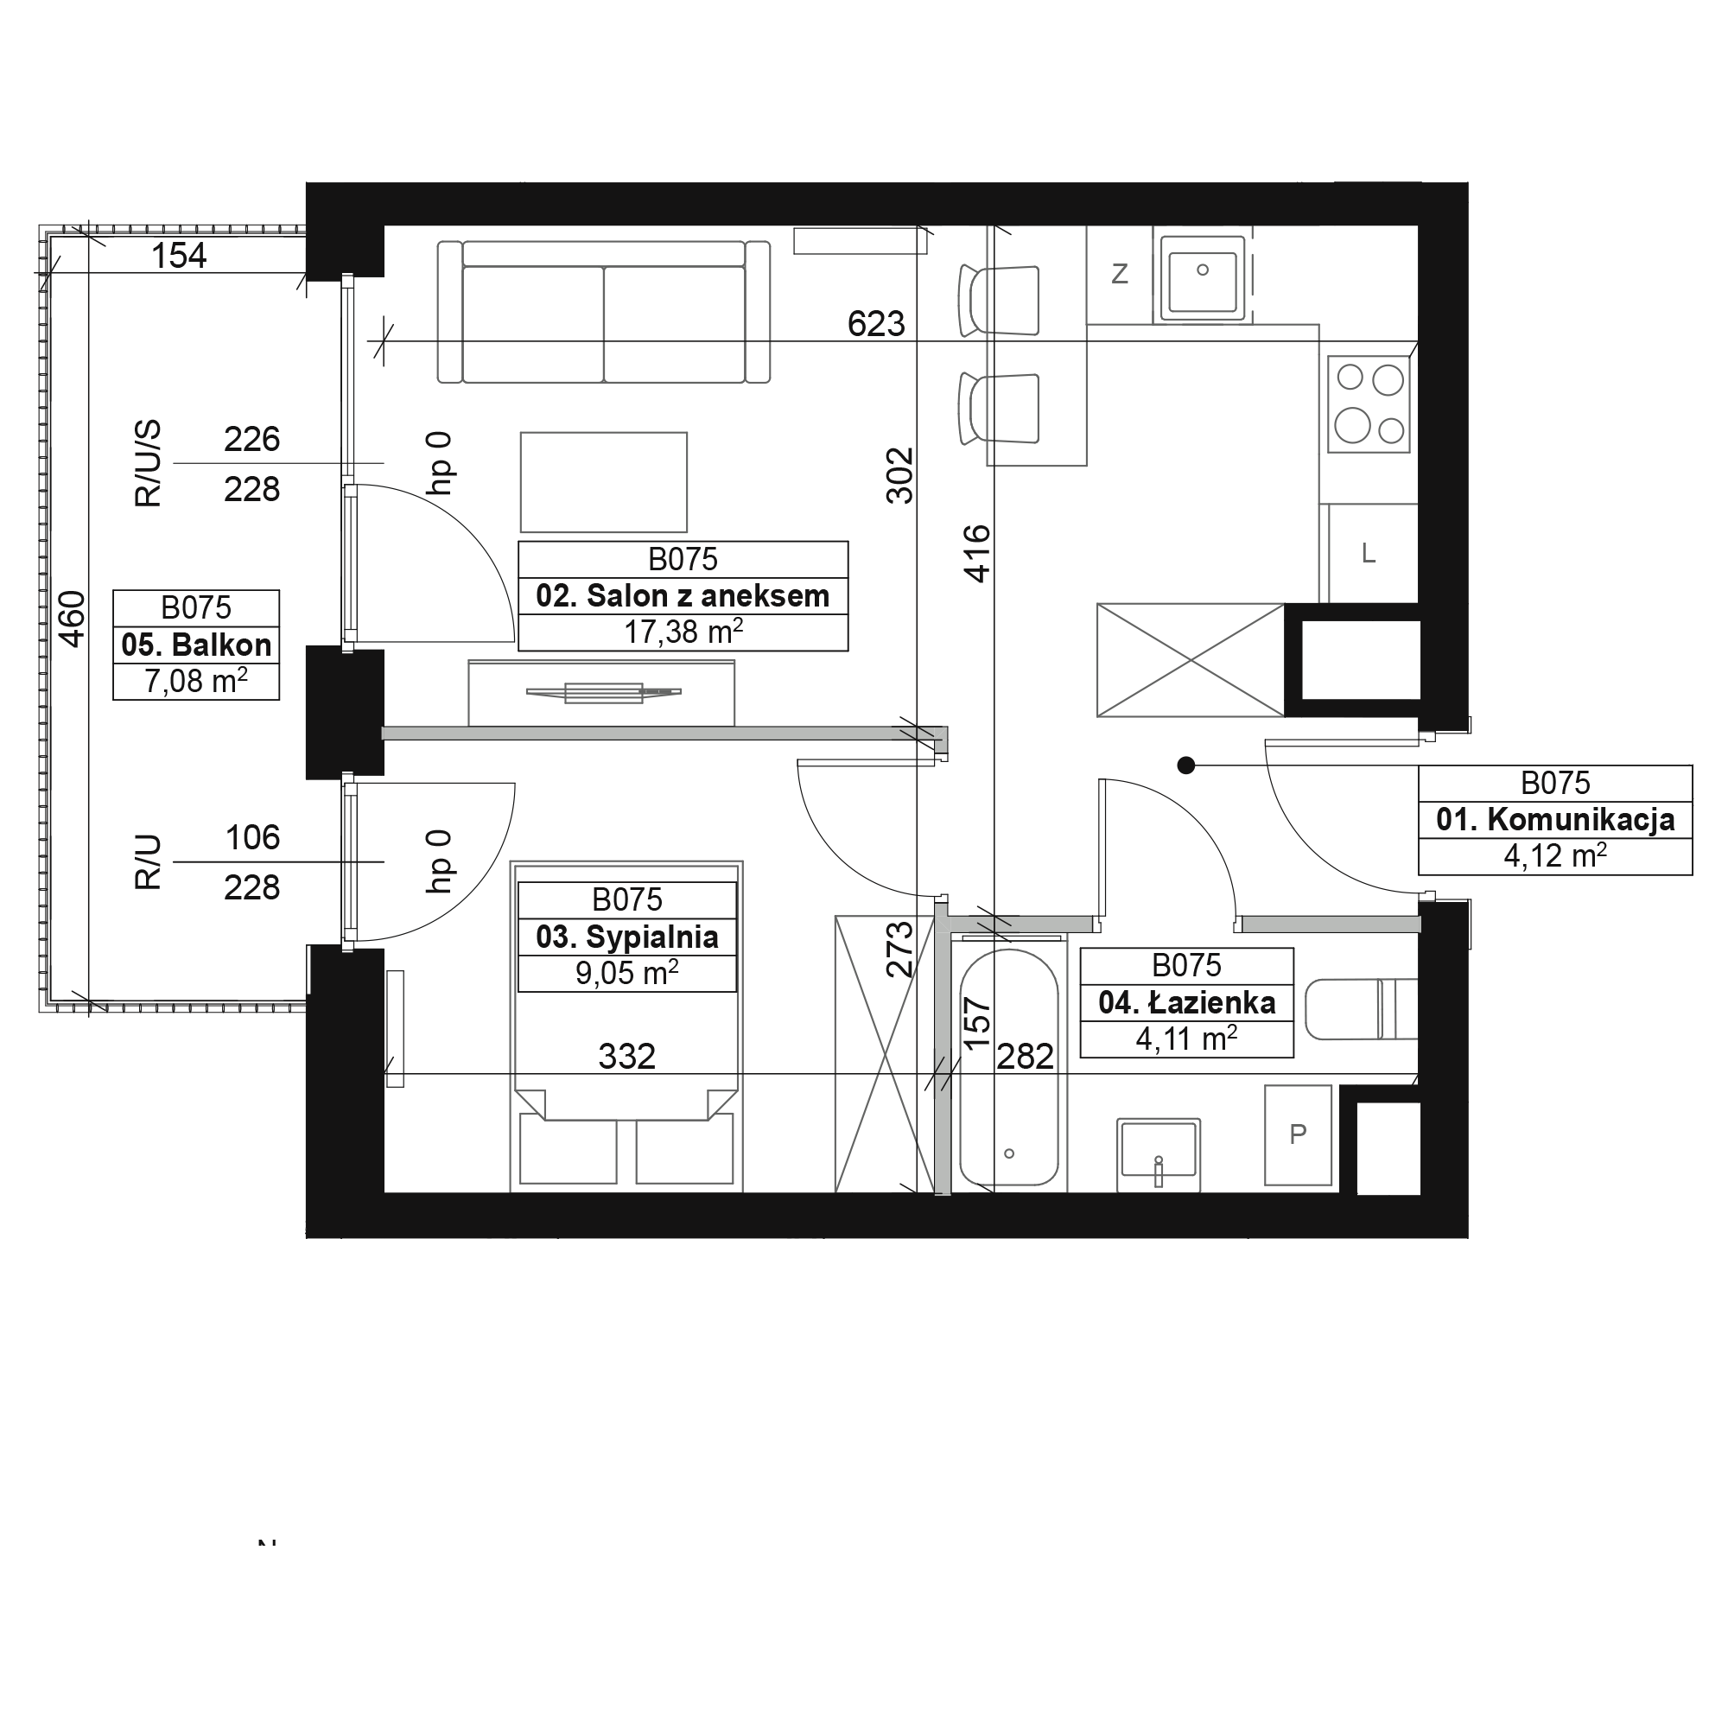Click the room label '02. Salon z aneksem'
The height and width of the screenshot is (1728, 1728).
(x=683, y=595)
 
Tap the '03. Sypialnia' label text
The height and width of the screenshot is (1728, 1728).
(x=627, y=937)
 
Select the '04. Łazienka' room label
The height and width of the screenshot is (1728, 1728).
(x=1187, y=1002)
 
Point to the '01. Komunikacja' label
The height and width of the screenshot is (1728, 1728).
(x=1555, y=819)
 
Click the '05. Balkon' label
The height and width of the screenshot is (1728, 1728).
(x=196, y=644)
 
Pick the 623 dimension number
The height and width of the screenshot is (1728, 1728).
(x=876, y=324)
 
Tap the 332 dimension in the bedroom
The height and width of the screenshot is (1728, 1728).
(x=627, y=1057)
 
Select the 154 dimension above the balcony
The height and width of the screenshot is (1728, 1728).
(x=179, y=256)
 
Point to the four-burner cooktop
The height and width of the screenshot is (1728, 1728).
(x=1369, y=403)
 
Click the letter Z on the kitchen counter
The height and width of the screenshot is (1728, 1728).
(x=1119, y=274)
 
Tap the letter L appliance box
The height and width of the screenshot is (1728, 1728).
(x=1369, y=554)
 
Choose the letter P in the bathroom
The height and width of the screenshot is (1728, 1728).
(x=1298, y=1134)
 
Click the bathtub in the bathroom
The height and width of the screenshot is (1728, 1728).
(x=1009, y=1068)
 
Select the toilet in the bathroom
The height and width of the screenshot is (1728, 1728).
(x=1362, y=1009)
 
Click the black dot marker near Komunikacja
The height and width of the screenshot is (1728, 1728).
(x=1186, y=765)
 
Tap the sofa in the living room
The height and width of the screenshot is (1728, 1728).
(x=604, y=312)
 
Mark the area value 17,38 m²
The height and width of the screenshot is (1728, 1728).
(x=683, y=632)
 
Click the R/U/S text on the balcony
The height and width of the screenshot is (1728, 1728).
(x=149, y=463)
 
